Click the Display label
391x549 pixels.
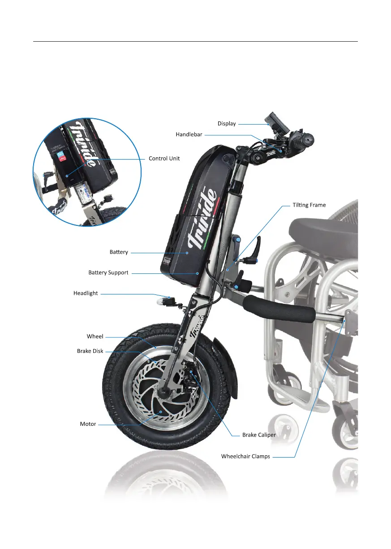click(227, 123)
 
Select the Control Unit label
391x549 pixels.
click(164, 159)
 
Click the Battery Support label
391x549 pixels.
click(108, 272)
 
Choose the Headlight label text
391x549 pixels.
click(86, 294)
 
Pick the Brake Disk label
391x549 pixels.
click(90, 351)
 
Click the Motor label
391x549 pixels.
click(88, 424)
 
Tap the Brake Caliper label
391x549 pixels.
click(259, 435)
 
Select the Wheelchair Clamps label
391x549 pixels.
click(245, 457)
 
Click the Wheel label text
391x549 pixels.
click(95, 336)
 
